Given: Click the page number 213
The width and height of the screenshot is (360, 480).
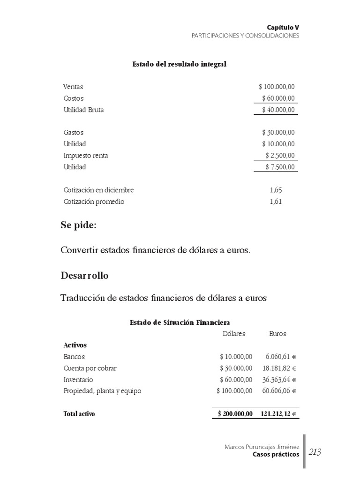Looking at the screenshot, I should coord(315,452).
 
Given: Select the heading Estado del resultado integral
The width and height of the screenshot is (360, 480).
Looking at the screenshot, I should coord(180,64).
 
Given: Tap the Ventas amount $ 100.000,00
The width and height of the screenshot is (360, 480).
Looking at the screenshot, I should coord(277,87).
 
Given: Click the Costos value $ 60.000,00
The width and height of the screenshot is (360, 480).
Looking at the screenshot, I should coord(278,98).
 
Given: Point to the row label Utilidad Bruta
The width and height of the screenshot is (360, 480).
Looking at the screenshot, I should coord(83,110).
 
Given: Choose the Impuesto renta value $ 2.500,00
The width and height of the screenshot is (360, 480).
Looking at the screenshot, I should coord(280,156).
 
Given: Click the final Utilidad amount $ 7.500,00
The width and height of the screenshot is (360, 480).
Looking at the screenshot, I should coord(280,167).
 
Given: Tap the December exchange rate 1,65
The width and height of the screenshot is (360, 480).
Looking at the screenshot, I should coord(276,190).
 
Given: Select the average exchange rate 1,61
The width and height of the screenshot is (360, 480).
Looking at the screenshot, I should coord(276,202).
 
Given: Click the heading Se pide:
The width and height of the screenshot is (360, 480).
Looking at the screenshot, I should coord(79,225).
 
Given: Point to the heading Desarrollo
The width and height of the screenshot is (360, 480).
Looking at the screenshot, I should coord(84,276).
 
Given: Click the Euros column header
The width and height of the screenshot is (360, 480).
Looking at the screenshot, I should coord(277,334).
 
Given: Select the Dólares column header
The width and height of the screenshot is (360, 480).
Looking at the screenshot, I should coord(234,334).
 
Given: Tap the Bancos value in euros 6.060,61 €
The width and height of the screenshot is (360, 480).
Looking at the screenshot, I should coord(281,357).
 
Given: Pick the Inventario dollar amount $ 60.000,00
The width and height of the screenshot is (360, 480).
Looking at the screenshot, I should coord(236,380).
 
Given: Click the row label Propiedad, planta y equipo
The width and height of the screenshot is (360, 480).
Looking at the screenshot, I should coord(102,391).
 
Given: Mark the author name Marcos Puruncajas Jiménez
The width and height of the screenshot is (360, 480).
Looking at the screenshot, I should coord(262,447).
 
